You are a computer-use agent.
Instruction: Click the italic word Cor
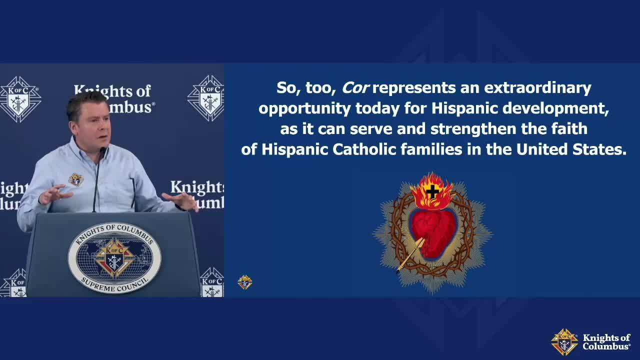coord(355,87)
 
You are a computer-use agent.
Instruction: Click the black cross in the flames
coord(432,191)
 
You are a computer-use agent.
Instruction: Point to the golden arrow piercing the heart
coord(410,254)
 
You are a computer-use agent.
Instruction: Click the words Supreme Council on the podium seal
coord(114,285)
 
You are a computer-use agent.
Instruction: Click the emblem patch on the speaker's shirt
coord(76,179)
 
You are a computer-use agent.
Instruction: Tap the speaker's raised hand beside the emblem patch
coord(55,195)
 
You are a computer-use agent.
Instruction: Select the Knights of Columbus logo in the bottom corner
coord(590,342)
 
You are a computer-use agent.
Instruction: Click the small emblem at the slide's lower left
coord(245,282)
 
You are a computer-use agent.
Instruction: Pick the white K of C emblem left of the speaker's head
coord(20,99)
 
